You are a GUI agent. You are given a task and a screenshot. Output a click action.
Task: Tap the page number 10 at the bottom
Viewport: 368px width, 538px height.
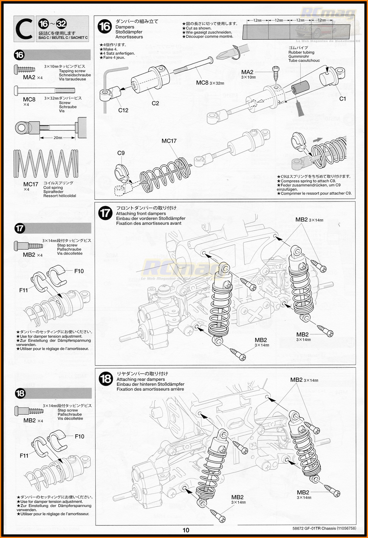[186, 530]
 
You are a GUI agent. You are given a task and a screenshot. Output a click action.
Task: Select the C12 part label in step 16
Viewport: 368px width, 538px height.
[123, 110]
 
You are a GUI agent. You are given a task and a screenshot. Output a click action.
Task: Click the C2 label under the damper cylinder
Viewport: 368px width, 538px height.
[155, 103]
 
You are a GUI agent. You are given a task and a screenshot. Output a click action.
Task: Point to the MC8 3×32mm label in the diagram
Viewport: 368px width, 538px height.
[210, 83]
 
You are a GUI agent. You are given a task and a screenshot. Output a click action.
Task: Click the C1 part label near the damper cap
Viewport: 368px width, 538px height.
[342, 99]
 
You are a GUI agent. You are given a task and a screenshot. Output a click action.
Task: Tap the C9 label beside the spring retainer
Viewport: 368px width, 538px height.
[121, 153]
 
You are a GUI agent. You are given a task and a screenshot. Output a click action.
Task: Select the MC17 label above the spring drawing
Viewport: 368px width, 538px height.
[169, 141]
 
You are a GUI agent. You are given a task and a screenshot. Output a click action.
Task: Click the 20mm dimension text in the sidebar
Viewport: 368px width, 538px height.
[58, 138]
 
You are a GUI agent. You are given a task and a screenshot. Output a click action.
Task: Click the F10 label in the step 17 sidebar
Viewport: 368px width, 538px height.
[79, 271]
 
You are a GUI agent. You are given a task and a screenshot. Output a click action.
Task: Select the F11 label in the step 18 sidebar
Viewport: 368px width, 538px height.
[24, 456]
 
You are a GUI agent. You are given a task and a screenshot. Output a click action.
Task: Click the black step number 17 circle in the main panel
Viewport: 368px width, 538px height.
[106, 213]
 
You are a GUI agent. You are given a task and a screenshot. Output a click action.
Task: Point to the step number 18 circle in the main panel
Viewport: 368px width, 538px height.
[106, 379]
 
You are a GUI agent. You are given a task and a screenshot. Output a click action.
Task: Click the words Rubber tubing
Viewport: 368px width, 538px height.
[301, 52]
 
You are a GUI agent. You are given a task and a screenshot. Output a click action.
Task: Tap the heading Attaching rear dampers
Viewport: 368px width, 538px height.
[141, 379]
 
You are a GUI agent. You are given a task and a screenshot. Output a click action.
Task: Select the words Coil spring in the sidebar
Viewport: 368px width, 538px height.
[53, 187]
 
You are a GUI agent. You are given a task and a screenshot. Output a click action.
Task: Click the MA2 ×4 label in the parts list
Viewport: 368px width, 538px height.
[33, 78]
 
